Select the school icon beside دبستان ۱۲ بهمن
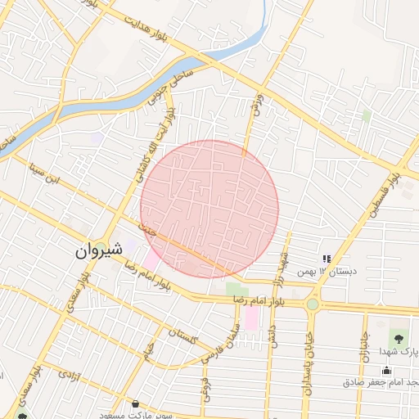[327, 259]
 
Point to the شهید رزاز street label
[283, 262]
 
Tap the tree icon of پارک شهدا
[399, 337]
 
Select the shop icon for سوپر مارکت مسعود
[135, 404]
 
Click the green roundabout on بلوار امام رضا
[312, 304]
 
